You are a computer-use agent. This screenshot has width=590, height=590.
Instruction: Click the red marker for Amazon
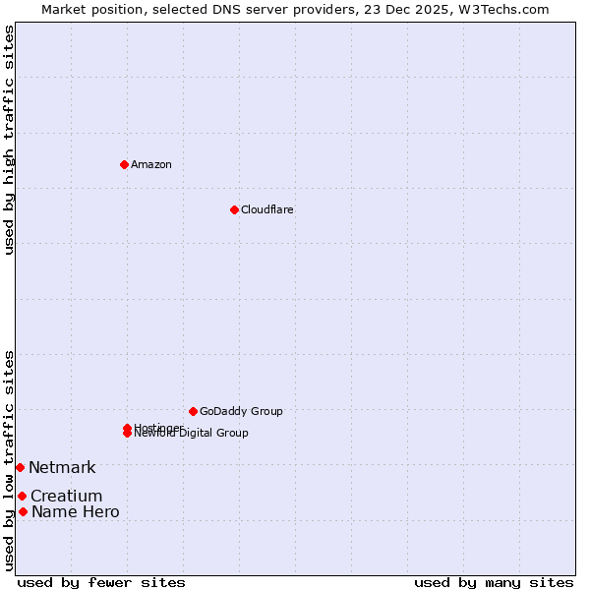point(124,164)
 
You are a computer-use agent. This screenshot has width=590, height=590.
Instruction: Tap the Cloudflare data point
point(234,209)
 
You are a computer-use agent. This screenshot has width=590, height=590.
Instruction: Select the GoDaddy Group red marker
point(193,411)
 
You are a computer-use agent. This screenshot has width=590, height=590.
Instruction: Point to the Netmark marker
point(20,467)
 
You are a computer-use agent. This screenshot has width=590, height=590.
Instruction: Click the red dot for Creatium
point(22,496)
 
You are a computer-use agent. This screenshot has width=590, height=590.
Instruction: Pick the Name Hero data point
point(23,511)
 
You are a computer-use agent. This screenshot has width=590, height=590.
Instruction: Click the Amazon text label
point(151,164)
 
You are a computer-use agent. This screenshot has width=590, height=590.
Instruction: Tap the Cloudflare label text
point(267,209)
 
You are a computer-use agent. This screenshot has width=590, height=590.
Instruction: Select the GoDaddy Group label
point(241,411)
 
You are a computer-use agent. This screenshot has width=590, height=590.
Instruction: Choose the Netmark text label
point(62,467)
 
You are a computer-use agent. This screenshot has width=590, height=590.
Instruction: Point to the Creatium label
point(66,496)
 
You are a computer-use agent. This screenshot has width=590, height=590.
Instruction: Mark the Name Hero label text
point(75,511)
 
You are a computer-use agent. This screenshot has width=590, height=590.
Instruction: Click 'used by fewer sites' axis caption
point(101,582)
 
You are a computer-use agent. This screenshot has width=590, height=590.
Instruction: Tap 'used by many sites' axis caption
point(494,582)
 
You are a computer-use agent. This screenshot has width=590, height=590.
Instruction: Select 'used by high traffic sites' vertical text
point(9,140)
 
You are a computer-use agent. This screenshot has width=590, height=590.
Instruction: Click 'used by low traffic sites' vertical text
point(9,460)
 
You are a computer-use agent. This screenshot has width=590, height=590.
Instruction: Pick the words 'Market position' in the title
point(88,9)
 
